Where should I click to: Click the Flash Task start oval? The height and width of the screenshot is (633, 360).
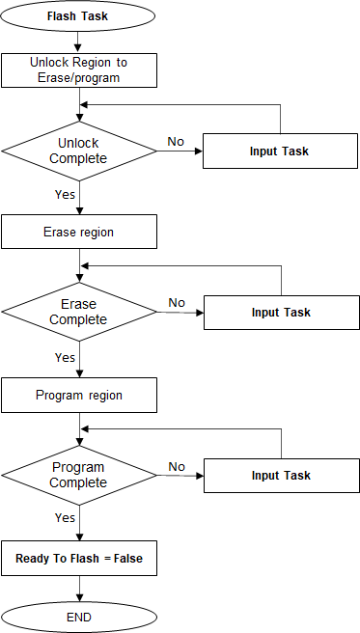tap(79, 16)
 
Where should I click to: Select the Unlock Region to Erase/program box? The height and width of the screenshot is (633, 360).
tap(79, 69)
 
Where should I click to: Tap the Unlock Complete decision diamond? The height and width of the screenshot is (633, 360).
tap(79, 151)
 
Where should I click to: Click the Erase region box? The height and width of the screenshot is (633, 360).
tap(79, 233)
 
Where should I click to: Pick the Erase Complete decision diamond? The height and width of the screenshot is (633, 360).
tap(79, 312)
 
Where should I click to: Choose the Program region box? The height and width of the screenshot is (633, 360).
tap(79, 395)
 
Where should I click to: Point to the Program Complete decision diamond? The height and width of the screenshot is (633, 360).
tap(79, 475)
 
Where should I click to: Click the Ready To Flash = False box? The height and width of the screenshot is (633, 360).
tap(79, 558)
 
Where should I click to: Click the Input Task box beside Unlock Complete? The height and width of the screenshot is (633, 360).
tap(280, 151)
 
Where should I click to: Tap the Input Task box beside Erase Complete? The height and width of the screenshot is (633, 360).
tap(280, 313)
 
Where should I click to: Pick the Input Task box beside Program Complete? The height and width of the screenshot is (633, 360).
tap(280, 476)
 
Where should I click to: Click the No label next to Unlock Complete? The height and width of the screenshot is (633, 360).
tap(176, 142)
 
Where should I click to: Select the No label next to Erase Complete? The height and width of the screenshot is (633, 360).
tap(177, 303)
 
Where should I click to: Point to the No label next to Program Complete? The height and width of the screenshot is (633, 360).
tap(177, 466)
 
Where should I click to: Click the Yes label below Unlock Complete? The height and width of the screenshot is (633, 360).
tap(65, 193)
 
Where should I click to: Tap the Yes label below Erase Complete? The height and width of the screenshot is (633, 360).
tap(65, 357)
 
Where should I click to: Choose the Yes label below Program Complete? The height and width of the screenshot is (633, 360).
tap(65, 517)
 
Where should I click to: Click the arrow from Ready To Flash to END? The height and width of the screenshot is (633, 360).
tap(79, 586)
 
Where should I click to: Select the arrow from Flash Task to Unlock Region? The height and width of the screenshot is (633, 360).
tap(79, 42)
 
